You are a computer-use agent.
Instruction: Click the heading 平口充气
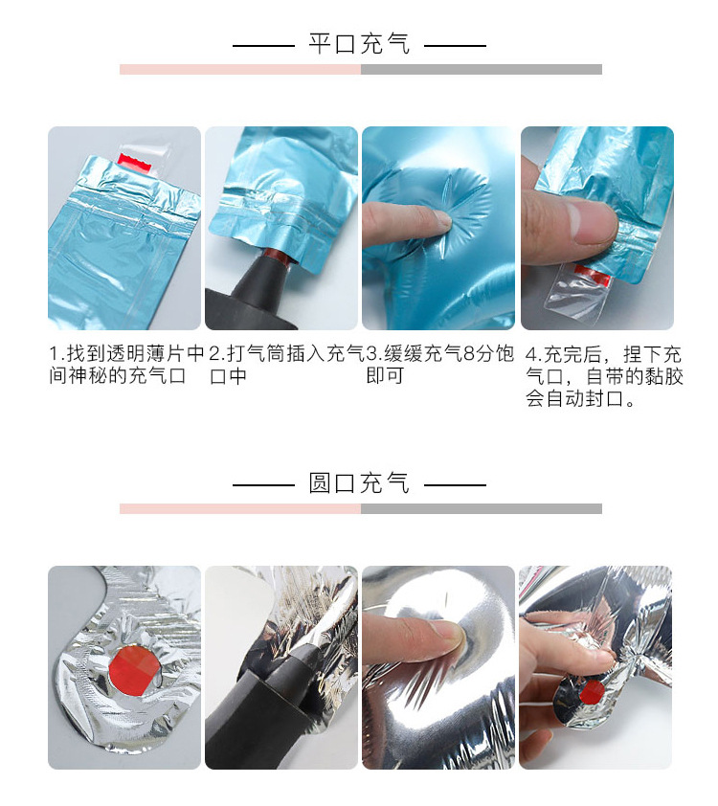[x=359, y=44]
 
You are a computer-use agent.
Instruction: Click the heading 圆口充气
[x=359, y=483]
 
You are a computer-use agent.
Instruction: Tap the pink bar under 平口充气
[x=239, y=69]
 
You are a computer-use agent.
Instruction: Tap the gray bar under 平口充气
[x=481, y=69]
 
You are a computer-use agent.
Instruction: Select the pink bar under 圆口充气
[x=239, y=508]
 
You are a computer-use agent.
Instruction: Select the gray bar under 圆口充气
[x=481, y=508]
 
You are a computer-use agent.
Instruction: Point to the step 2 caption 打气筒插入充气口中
[x=282, y=365]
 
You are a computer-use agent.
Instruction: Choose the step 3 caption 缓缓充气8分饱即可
[x=439, y=365]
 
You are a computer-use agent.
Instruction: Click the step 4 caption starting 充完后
[x=603, y=376]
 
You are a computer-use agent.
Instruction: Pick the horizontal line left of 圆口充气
[x=263, y=484]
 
